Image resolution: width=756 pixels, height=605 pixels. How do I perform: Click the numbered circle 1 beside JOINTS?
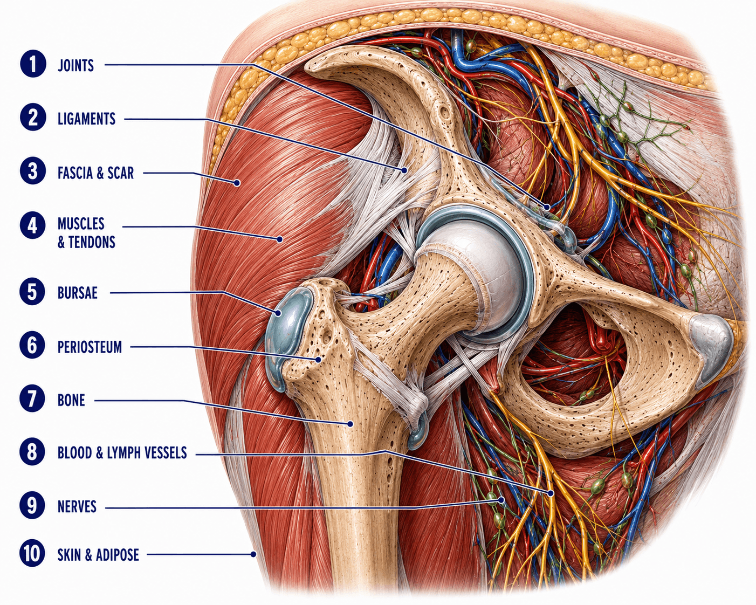click(x=33, y=64)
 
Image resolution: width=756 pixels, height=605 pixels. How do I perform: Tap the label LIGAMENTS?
click(x=86, y=119)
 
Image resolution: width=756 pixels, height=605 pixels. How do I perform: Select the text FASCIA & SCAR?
click(x=95, y=173)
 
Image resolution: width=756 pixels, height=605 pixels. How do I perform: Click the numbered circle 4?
click(x=33, y=225)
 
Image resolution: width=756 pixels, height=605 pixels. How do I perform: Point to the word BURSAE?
click(x=77, y=293)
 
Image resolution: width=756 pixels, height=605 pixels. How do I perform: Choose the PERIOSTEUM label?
click(x=90, y=347)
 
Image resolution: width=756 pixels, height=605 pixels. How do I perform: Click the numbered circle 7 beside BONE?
click(x=33, y=399)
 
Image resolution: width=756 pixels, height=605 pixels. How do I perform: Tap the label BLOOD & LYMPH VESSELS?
click(x=122, y=453)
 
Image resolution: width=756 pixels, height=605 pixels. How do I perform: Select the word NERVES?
click(x=77, y=507)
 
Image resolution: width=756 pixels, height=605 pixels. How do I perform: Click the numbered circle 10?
click(x=33, y=554)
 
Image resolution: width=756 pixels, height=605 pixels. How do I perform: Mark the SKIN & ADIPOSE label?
click(x=98, y=555)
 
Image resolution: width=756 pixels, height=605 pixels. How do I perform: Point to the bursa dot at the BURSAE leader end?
click(x=278, y=313)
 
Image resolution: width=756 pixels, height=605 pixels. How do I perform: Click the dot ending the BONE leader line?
click(x=350, y=424)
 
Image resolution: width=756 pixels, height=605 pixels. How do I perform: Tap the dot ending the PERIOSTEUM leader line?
click(x=318, y=360)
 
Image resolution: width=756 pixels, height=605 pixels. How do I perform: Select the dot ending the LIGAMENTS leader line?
click(x=404, y=170)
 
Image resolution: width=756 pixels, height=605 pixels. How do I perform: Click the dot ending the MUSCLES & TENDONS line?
click(x=280, y=239)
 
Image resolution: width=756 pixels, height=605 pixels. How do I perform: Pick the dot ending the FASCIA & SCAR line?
click(x=237, y=183)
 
